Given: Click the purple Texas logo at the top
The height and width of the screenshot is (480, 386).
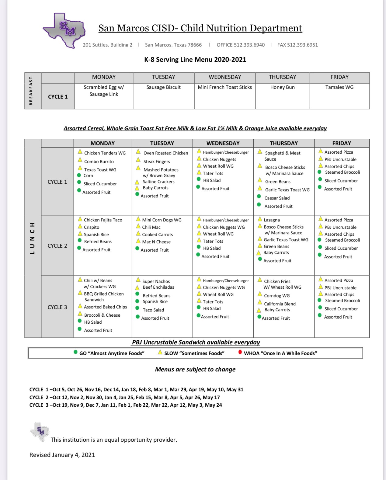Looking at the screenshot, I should (x=64, y=30).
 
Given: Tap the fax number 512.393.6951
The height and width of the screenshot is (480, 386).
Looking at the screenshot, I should (x=297, y=45).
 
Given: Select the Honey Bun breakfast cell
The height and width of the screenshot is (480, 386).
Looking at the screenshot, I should (x=282, y=87).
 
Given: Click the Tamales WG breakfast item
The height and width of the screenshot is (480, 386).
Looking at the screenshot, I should (x=339, y=87).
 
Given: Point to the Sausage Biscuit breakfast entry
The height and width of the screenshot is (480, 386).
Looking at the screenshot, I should (x=163, y=87).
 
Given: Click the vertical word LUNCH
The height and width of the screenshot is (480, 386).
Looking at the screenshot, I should (x=32, y=238).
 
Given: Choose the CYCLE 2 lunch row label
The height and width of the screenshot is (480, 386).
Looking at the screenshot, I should (x=57, y=245).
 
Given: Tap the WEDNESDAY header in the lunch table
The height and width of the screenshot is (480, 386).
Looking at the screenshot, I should (x=223, y=143).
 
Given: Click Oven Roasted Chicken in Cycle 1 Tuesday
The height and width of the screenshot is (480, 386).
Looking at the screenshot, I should (x=165, y=153).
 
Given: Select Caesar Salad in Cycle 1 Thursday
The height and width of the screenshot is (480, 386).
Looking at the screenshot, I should (x=277, y=198).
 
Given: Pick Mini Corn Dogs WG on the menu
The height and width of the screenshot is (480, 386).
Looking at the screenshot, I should (x=162, y=220).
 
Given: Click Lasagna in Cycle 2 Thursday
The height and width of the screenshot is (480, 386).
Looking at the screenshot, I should (x=272, y=220).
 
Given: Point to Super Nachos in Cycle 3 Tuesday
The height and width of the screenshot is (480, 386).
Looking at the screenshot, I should (x=156, y=281).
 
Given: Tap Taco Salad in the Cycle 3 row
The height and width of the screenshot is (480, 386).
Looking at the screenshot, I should (x=153, y=310).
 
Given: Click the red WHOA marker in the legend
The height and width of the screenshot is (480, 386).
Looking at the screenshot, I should (x=240, y=352).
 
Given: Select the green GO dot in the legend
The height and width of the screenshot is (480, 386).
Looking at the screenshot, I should (x=75, y=352).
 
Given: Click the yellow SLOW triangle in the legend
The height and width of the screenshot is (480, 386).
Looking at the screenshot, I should (x=160, y=352).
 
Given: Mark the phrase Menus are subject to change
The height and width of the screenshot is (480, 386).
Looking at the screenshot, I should (x=195, y=369).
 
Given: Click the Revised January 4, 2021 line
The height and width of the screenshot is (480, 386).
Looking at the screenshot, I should (x=62, y=455).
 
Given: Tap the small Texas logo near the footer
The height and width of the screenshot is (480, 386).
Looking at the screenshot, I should (x=40, y=431).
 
